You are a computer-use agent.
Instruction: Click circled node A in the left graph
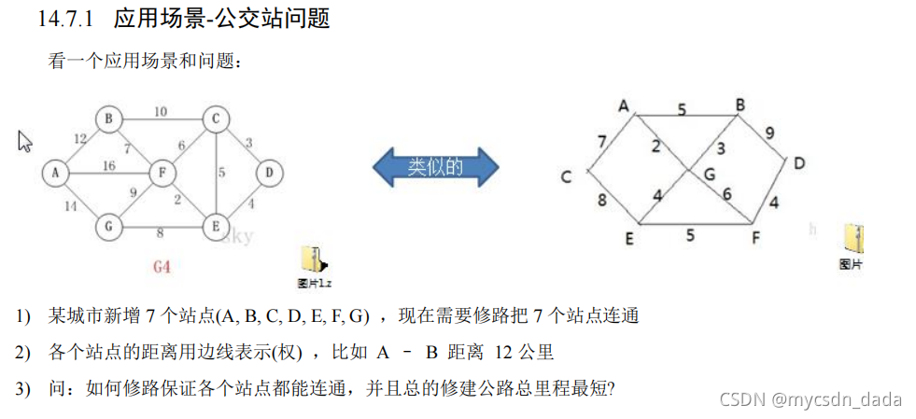pyautogui.click(x=55, y=173)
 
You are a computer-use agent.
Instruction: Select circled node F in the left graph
pyautogui.click(x=163, y=173)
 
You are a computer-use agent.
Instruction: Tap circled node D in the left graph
pyautogui.click(x=269, y=172)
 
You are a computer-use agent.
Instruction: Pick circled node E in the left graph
pyautogui.click(x=216, y=225)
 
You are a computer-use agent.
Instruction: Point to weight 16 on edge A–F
pyautogui.click(x=109, y=165)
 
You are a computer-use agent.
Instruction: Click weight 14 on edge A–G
pyautogui.click(x=70, y=206)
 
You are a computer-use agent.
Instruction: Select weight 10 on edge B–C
pyautogui.click(x=161, y=112)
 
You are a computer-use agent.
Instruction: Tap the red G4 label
pyautogui.click(x=162, y=268)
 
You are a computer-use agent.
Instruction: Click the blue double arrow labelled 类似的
pyautogui.click(x=435, y=167)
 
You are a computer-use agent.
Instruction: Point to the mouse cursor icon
pyautogui.click(x=25, y=141)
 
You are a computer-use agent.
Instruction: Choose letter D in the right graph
pyautogui.click(x=799, y=164)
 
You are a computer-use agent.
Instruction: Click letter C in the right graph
pyautogui.click(x=566, y=177)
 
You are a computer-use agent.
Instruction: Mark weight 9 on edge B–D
pyautogui.click(x=769, y=133)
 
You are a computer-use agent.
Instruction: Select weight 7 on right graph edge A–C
pyautogui.click(x=602, y=142)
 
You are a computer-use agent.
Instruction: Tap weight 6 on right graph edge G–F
pyautogui.click(x=726, y=193)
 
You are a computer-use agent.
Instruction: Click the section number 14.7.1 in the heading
pyautogui.click(x=69, y=18)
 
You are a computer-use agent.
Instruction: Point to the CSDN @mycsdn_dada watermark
pyautogui.click(x=810, y=399)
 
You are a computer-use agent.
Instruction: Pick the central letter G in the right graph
pyautogui.click(x=710, y=174)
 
